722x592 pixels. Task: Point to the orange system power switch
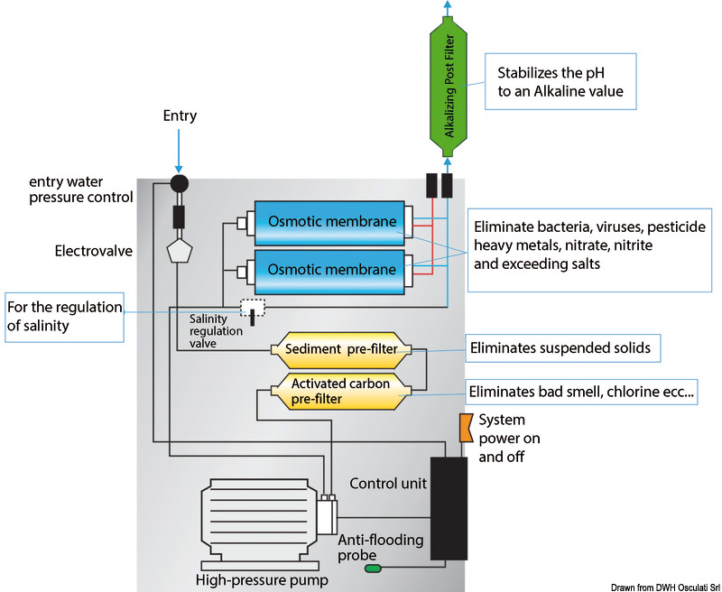pos(466,428)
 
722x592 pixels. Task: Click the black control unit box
pos(448,507)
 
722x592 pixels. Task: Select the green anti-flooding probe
pos(372,569)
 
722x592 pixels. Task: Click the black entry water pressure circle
pos(179,185)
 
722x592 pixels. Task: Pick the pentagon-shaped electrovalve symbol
pos(179,251)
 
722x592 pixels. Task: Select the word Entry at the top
pos(180,116)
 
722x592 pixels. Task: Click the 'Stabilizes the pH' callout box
pos(559,82)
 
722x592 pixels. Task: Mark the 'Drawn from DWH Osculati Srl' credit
pos(663,585)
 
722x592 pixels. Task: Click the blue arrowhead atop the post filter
pos(446,6)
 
